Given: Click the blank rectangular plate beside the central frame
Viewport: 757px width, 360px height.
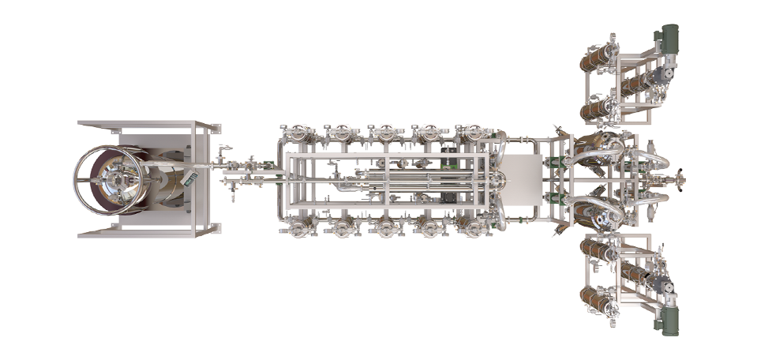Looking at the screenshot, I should (519, 180).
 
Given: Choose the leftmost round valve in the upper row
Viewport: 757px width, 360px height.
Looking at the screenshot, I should (298, 133).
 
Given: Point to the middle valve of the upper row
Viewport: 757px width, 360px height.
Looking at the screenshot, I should (386, 133).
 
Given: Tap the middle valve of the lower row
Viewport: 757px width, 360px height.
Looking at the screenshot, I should (386, 227).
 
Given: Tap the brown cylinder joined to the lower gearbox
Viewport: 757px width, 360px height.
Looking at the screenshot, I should (636, 274).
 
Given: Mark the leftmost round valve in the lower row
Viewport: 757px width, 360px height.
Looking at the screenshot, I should (298, 227).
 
